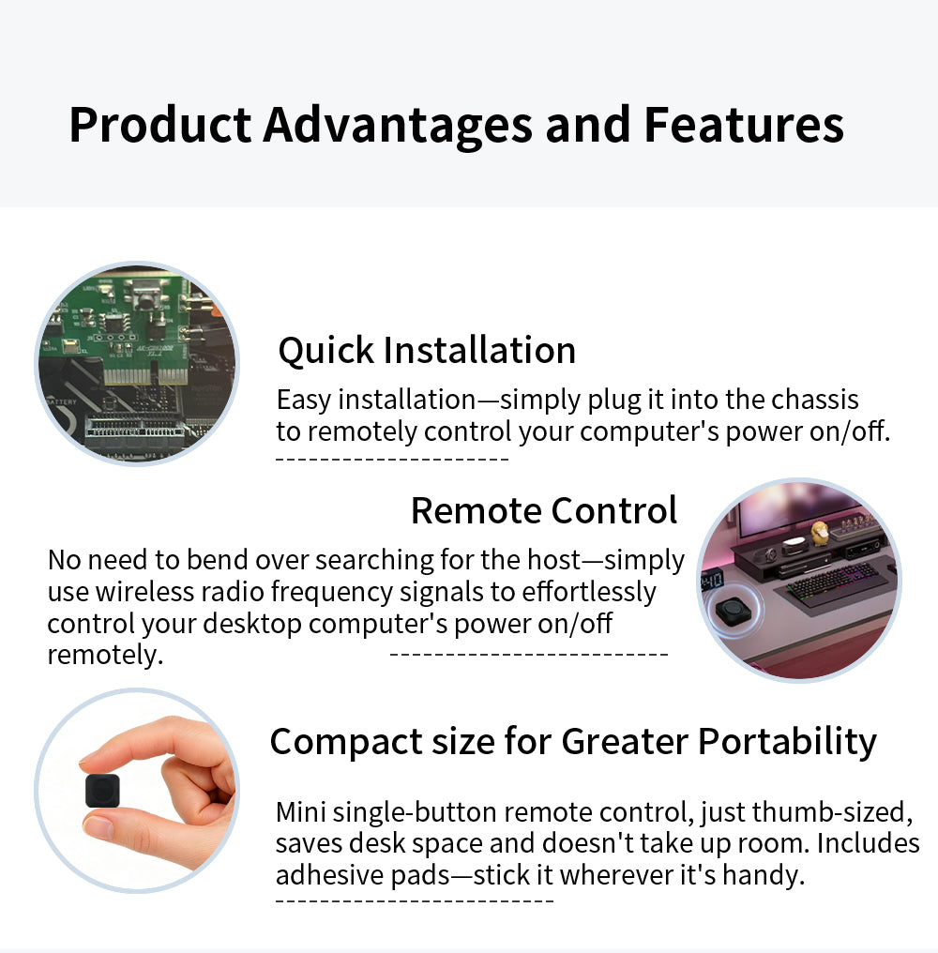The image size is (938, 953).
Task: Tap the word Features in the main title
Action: pos(744,125)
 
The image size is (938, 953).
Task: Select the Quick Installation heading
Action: pos(427,351)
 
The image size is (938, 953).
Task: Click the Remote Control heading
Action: pos(544,511)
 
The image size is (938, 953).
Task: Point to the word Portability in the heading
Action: pos(787,741)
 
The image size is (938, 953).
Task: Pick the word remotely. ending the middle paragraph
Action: pos(105,655)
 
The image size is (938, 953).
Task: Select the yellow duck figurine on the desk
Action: pos(819,531)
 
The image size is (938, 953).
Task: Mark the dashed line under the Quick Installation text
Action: pos(392,460)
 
